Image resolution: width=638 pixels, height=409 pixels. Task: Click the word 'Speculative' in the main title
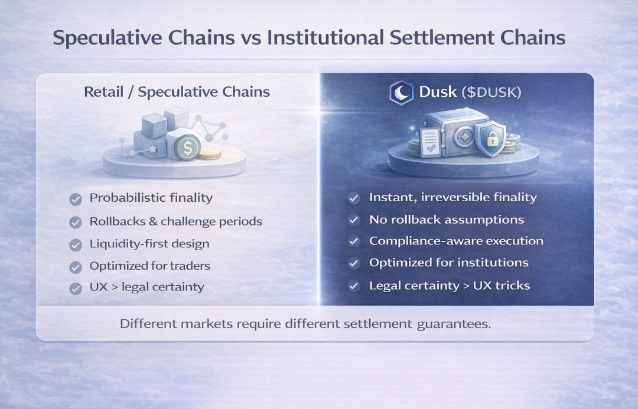108,38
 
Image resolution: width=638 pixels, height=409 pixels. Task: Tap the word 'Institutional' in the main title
325,37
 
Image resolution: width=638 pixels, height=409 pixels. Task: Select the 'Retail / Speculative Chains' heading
177,92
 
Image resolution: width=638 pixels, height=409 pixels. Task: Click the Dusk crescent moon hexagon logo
401,93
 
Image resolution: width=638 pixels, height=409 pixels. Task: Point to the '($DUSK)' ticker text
491,92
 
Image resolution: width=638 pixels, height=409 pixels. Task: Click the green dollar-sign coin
188,148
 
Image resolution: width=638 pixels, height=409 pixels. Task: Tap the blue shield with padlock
491,139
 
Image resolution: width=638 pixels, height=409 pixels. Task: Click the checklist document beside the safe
431,142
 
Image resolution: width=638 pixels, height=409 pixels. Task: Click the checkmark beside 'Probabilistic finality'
76,199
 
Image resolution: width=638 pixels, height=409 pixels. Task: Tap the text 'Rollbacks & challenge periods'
176,221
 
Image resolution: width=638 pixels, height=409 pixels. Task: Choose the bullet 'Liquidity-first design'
149,244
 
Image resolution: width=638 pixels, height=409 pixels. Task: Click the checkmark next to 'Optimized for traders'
76,267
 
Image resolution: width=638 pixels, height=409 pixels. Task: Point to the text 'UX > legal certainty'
147,287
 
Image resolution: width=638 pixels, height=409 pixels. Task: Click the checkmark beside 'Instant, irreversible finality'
354,198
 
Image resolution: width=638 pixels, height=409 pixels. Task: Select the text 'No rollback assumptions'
447,220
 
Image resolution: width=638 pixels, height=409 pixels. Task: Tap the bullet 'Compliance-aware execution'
456,241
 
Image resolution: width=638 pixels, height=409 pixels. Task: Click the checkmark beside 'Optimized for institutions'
354,263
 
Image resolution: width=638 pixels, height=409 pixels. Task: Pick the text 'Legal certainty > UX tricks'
450,286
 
